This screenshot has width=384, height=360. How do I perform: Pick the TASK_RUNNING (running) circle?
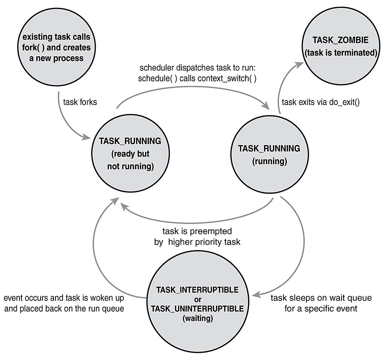tap(269, 154)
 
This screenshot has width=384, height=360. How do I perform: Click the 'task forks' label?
tap(80, 102)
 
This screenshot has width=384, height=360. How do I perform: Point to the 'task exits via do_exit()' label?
tap(320, 102)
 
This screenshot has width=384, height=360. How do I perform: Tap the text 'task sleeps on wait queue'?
tap(321, 298)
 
